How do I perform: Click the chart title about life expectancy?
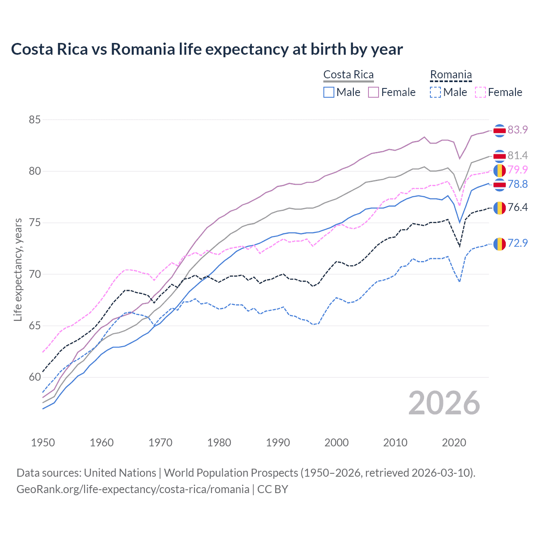(x=207, y=49)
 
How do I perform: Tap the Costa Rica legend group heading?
(x=348, y=75)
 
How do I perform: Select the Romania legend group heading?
(x=451, y=75)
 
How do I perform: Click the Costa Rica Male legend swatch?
(x=329, y=92)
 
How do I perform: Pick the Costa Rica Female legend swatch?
(x=374, y=92)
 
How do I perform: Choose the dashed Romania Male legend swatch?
(x=435, y=92)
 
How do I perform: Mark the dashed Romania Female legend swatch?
(x=480, y=92)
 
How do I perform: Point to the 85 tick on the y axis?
(x=35, y=120)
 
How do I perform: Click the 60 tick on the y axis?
(x=35, y=377)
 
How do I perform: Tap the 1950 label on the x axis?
(x=43, y=443)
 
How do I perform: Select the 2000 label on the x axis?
(x=336, y=443)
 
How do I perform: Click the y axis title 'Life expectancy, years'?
(x=18, y=269)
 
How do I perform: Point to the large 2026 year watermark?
(x=444, y=403)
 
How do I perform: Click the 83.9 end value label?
(x=518, y=130)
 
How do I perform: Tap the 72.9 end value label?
(x=518, y=243)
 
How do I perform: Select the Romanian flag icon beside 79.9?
(x=499, y=171)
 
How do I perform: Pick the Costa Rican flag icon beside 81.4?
(x=499, y=156)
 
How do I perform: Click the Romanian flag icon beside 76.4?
(x=499, y=208)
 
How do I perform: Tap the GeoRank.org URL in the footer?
(x=133, y=489)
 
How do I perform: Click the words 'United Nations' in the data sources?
(x=120, y=473)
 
